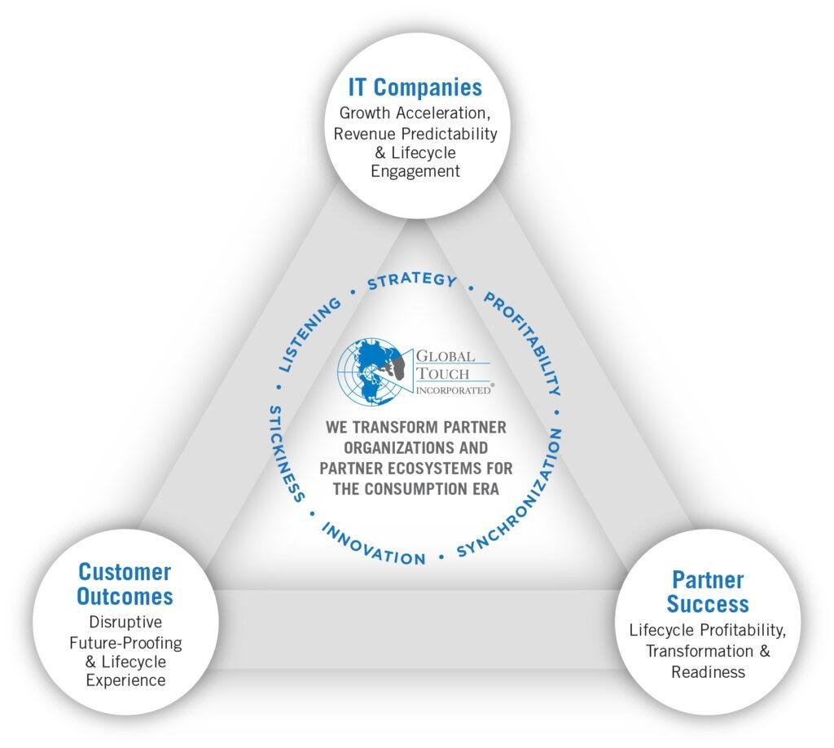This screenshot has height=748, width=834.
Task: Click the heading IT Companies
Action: tap(415, 87)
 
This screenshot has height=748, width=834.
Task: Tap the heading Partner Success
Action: tap(708, 592)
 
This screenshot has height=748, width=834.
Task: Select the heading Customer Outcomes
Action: tap(125, 583)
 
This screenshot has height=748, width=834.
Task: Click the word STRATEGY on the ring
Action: tap(411, 281)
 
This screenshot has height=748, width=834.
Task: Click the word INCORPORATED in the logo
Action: tap(452, 390)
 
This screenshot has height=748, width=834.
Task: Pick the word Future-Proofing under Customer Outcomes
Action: tap(125, 642)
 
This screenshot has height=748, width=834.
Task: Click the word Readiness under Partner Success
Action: tap(708, 671)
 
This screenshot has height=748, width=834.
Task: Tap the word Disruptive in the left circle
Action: tap(125, 623)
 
